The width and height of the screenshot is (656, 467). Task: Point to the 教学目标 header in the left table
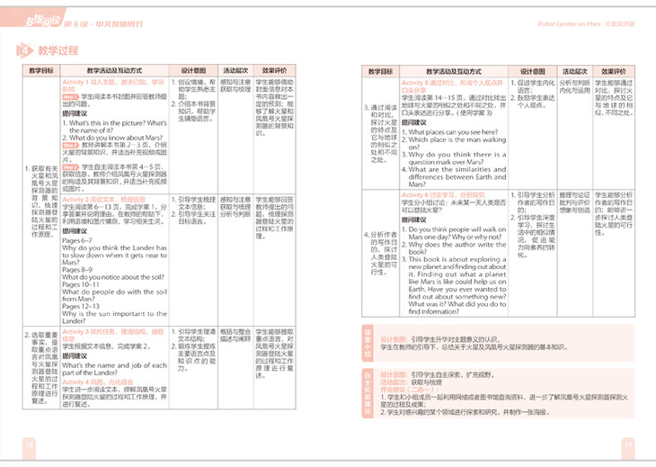click(40, 69)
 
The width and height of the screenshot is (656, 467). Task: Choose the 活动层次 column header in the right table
click(576, 69)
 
